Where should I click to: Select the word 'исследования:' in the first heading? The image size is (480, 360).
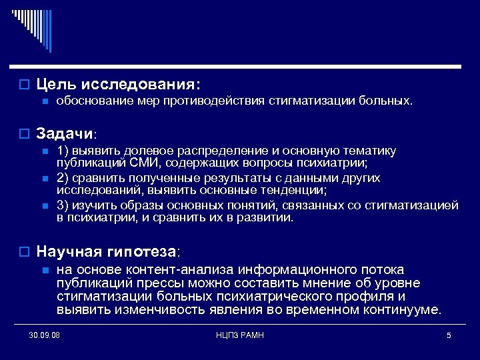point(141,85)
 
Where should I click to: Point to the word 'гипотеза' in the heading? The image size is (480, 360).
point(145,252)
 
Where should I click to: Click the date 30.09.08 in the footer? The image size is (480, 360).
point(45,335)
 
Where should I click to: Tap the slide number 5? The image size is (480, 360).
point(449,335)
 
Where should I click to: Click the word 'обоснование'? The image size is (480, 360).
point(88,102)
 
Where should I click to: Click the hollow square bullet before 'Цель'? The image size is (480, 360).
point(24,85)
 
